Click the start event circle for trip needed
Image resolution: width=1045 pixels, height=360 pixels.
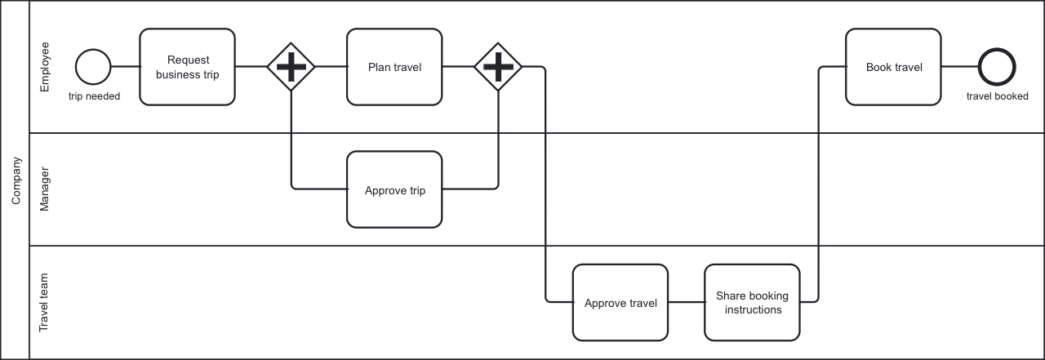point(92,66)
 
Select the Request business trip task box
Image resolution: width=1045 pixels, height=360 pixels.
point(187,67)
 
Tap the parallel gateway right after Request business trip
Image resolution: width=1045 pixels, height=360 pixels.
point(291,66)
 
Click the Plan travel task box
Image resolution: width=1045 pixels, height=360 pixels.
point(394,67)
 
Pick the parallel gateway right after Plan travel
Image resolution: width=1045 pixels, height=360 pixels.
point(498,66)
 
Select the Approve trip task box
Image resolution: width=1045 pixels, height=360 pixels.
point(394,189)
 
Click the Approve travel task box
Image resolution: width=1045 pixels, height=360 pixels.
point(620,302)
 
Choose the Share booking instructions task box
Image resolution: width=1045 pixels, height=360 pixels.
point(752,302)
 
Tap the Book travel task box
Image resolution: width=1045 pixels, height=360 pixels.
point(893,67)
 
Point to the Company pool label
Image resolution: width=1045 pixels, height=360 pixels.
point(15,180)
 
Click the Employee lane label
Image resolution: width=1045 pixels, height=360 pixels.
point(45,66)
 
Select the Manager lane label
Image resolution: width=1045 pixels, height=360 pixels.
point(45,189)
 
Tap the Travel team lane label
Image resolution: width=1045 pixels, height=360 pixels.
point(45,302)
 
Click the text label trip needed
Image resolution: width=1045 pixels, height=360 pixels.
point(94,96)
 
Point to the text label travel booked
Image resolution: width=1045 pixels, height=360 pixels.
point(997,96)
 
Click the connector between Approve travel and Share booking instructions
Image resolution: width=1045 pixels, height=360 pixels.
point(686,302)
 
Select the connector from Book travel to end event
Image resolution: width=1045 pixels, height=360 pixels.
point(959,66)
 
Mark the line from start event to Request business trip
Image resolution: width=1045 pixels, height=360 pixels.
point(124,66)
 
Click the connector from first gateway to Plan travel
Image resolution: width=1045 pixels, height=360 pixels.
point(331,66)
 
